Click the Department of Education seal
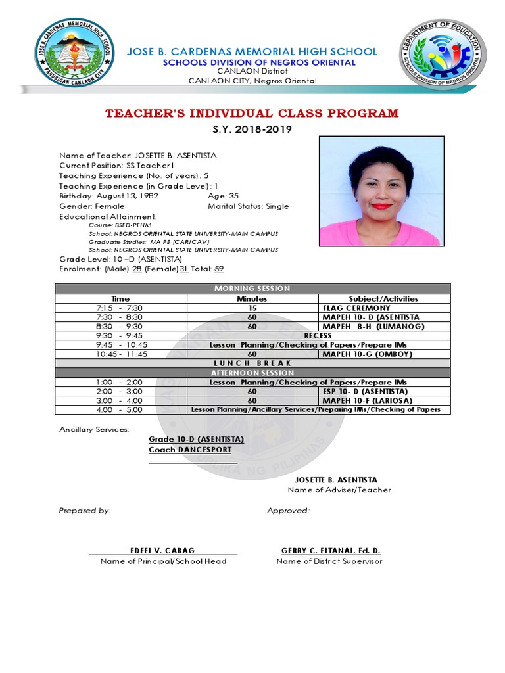[x=442, y=55]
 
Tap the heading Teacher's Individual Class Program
[x=252, y=114]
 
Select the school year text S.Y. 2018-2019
[x=252, y=129]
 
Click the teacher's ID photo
[x=381, y=191]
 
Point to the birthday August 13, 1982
[x=127, y=196]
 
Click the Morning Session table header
[x=252, y=289]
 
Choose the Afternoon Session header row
[x=252, y=373]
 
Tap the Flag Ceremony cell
[x=356, y=308]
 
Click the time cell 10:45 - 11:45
[x=121, y=354]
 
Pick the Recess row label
[x=318, y=335]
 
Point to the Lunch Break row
[x=252, y=363]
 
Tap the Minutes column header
[x=252, y=298]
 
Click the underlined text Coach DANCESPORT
[x=190, y=450]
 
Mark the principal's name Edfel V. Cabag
[x=162, y=551]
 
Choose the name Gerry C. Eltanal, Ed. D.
[x=331, y=551]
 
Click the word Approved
[x=288, y=511]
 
